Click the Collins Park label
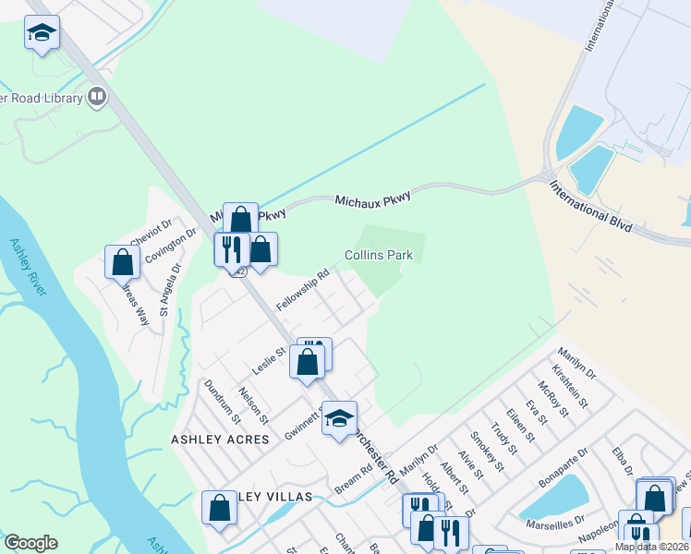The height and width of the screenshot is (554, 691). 378,255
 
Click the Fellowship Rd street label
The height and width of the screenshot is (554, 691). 303,289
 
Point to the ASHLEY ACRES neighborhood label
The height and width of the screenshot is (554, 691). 220,440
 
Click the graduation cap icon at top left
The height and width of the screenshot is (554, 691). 42,33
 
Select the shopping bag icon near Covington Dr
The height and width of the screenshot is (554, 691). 122,262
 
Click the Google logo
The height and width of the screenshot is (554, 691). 30,543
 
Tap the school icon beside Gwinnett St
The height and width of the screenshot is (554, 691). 339,417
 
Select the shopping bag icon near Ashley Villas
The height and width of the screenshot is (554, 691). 219,507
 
